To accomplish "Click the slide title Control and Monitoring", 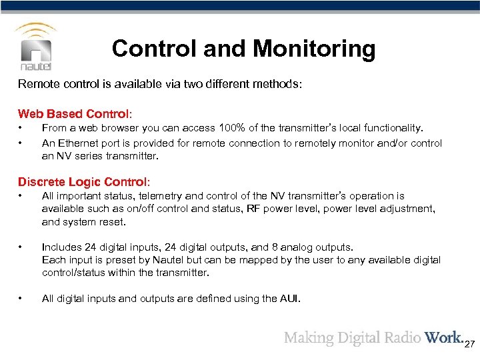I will click(x=243, y=49).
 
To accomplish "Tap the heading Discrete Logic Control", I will click(x=84, y=182).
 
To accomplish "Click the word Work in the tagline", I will click(x=443, y=337).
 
